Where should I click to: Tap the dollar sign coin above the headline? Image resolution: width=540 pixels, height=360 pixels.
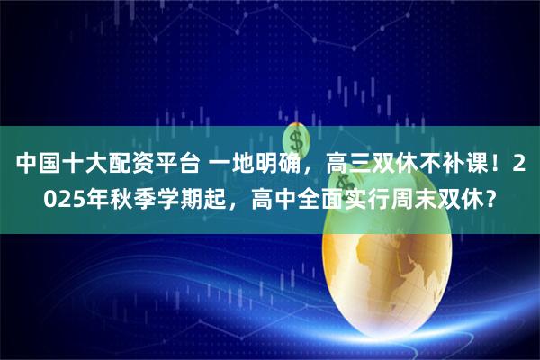tap(298, 140)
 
